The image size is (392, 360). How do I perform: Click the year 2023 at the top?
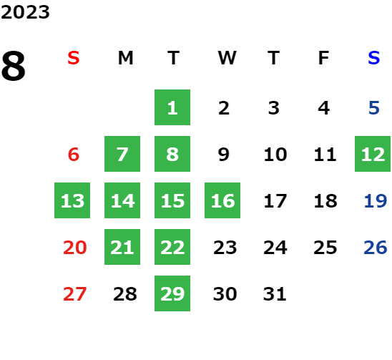pos(25,12)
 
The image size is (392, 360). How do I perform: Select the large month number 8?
pos(14,66)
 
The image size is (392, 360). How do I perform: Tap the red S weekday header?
pos(74,58)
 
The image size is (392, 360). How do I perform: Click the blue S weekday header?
pos(373,58)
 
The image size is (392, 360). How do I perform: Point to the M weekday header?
pos(125,58)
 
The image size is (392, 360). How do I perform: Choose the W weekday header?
pos(227,58)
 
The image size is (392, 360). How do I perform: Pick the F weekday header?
pos(324,58)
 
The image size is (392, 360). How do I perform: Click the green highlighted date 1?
pos(172,107)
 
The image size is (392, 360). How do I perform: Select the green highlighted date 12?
pos(373,154)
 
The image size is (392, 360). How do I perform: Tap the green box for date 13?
pos(72,200)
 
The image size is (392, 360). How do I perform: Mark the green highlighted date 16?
pos(222,200)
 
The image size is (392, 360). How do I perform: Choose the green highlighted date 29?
pos(172,293)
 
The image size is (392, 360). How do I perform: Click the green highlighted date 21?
pos(122,247)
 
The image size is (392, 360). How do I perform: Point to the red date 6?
pos(74,154)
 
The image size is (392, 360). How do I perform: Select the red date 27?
pos(74,293)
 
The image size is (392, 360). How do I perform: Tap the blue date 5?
pos(374,108)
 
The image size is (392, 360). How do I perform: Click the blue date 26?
pos(376,248)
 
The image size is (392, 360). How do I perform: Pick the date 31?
pos(275,293)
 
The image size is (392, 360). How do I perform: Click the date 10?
pos(275,154)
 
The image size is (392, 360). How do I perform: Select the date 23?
pos(225,248)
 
